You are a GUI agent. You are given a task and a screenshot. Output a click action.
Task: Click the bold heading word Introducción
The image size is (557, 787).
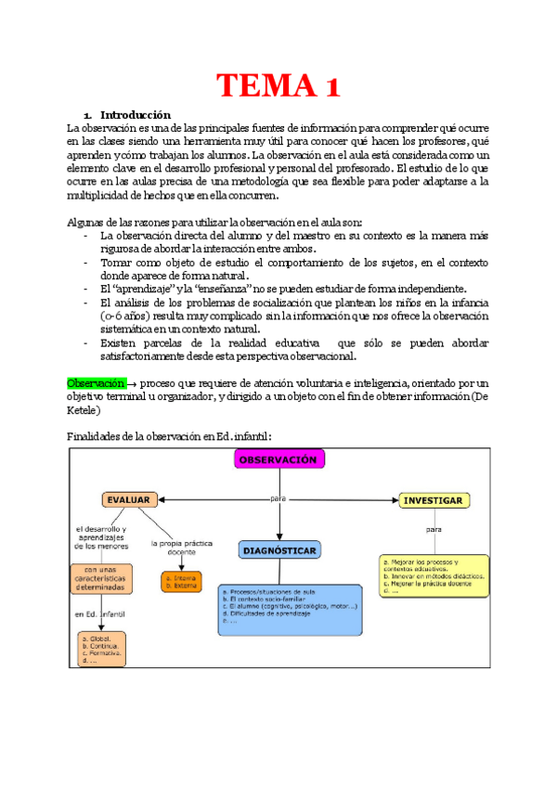(136, 114)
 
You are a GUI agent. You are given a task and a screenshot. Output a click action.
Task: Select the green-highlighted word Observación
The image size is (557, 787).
(96, 382)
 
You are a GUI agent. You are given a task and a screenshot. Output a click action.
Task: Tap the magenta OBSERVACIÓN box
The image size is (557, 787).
(278, 460)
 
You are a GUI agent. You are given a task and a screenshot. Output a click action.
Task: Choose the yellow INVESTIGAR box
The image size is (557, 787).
(432, 501)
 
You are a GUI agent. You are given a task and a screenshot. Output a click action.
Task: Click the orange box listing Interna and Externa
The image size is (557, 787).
(182, 582)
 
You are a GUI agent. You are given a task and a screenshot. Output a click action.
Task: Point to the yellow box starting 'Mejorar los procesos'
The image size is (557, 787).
(434, 575)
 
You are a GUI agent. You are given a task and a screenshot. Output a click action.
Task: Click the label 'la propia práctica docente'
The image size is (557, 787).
(181, 547)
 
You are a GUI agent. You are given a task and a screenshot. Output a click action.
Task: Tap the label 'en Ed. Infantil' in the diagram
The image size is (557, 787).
(99, 614)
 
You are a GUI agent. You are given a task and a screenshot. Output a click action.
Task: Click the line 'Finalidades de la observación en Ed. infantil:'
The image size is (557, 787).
(170, 436)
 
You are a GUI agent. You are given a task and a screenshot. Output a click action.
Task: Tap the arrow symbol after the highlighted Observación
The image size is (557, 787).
(132, 383)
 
